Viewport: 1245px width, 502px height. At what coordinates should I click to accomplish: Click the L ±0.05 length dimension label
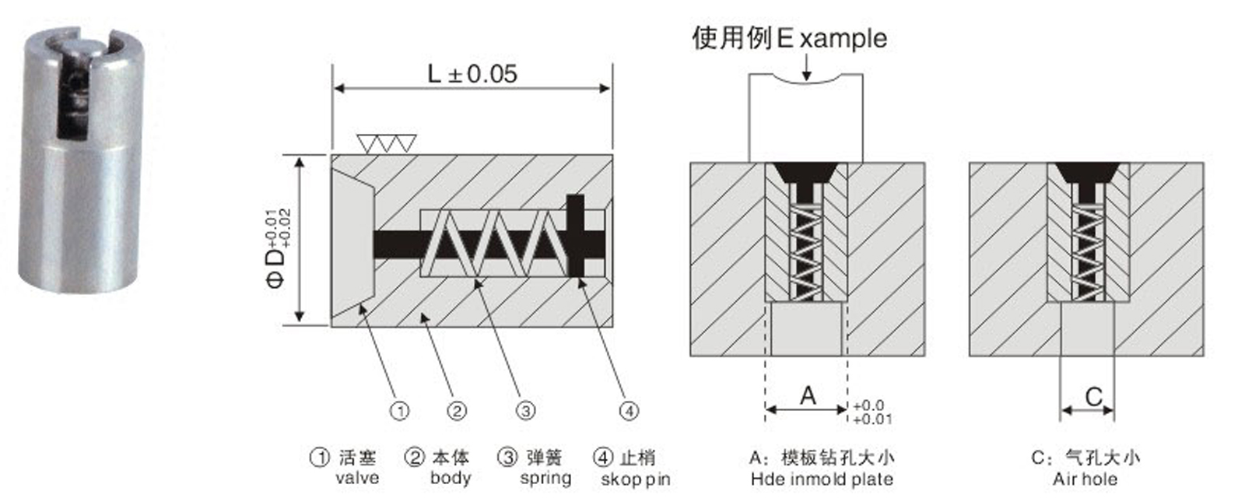[472, 74]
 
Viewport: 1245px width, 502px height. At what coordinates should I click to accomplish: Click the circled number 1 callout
[399, 410]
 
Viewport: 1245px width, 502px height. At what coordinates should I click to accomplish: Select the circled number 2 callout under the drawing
[457, 410]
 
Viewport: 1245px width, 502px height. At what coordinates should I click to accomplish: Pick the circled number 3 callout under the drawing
[526, 410]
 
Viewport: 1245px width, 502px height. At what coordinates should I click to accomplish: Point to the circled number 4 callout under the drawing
[629, 410]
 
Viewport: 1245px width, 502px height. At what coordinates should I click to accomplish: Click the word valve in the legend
[357, 478]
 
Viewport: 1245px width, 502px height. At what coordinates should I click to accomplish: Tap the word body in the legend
[451, 478]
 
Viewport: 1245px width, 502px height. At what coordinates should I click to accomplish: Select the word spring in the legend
[545, 478]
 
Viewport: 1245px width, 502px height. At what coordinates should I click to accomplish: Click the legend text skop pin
[635, 479]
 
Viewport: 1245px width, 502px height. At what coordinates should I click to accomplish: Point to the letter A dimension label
[808, 395]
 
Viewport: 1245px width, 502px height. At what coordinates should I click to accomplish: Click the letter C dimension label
[1093, 397]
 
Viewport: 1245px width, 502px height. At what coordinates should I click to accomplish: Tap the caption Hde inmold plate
[821, 479]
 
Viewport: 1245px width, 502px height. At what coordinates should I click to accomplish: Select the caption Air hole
[1085, 479]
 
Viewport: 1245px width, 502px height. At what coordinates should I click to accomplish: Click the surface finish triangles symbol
[386, 143]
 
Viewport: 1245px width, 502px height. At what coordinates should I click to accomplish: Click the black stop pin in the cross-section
[576, 236]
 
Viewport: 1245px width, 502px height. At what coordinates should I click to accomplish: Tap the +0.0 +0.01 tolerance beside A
[872, 412]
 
